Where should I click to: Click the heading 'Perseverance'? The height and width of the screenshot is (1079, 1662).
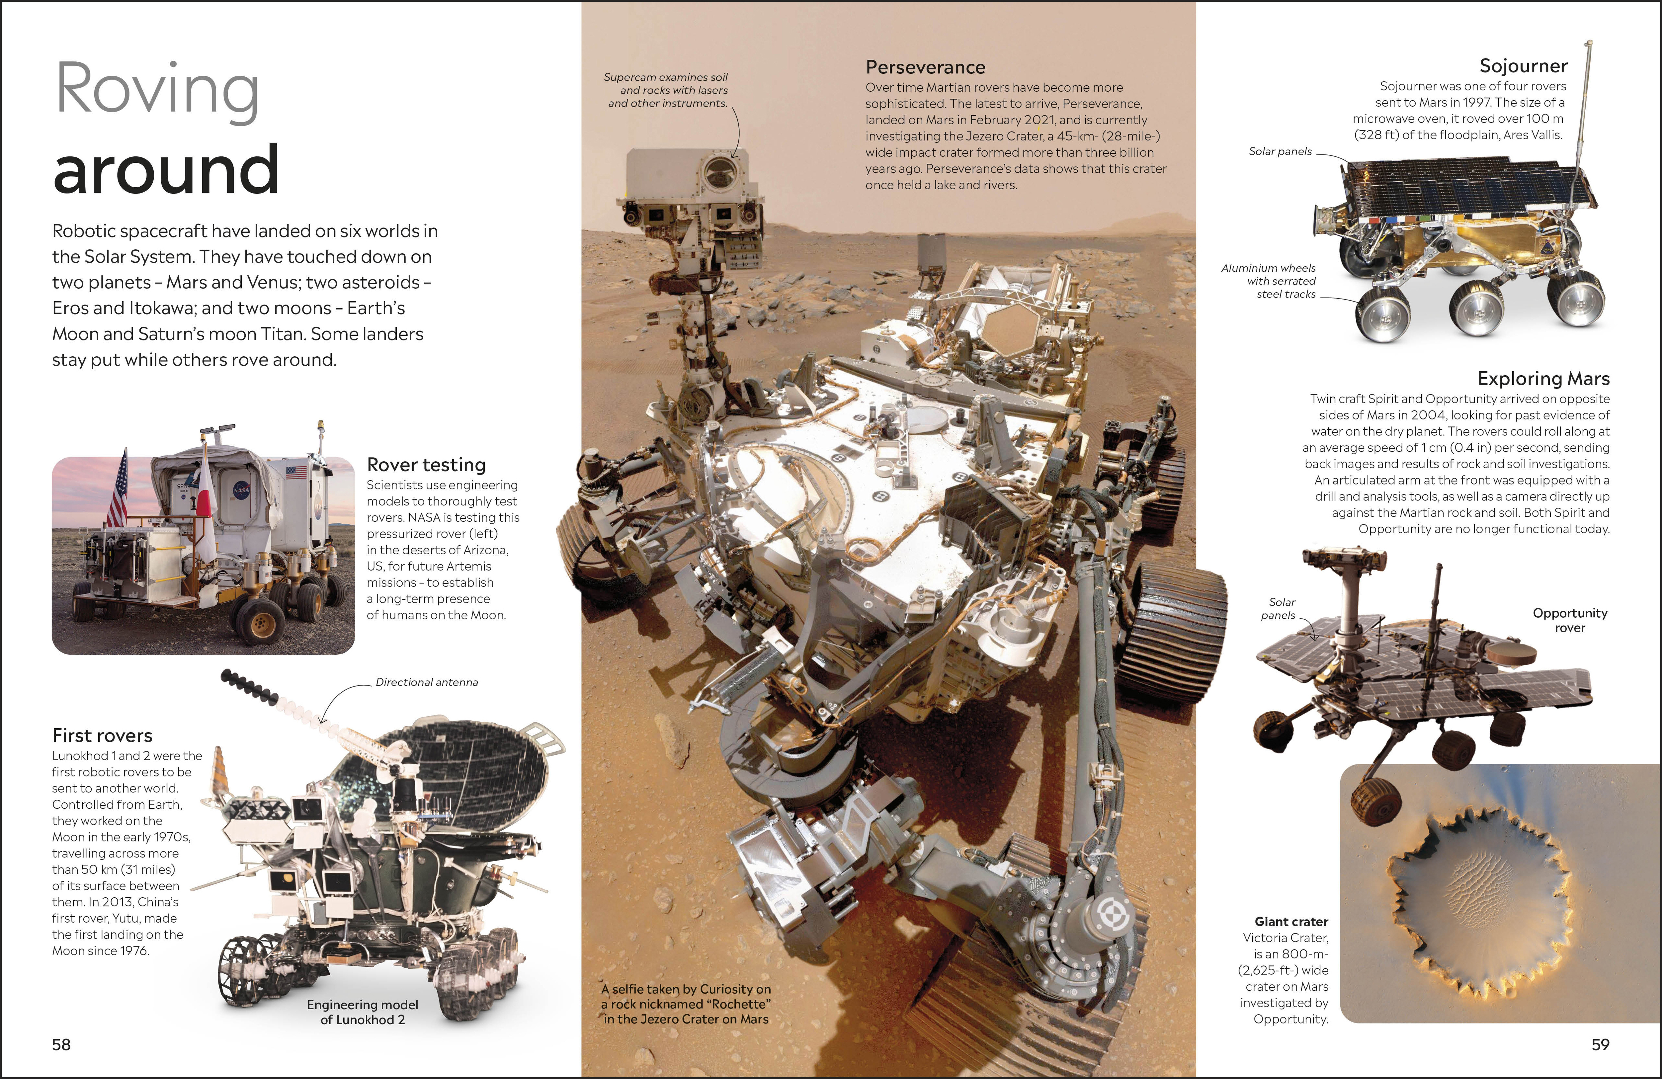click(x=925, y=67)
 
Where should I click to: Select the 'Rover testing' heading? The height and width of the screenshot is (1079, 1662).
click(x=426, y=464)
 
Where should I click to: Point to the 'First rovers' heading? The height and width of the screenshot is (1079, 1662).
click(x=102, y=735)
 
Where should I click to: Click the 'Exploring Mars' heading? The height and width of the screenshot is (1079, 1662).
click(x=1543, y=379)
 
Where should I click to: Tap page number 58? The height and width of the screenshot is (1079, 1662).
click(x=61, y=1044)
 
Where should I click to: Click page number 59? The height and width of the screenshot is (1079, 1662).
click(x=1601, y=1044)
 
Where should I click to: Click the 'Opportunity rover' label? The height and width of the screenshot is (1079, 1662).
click(x=1570, y=620)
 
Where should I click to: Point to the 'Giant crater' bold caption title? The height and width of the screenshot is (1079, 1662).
click(x=1291, y=922)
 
